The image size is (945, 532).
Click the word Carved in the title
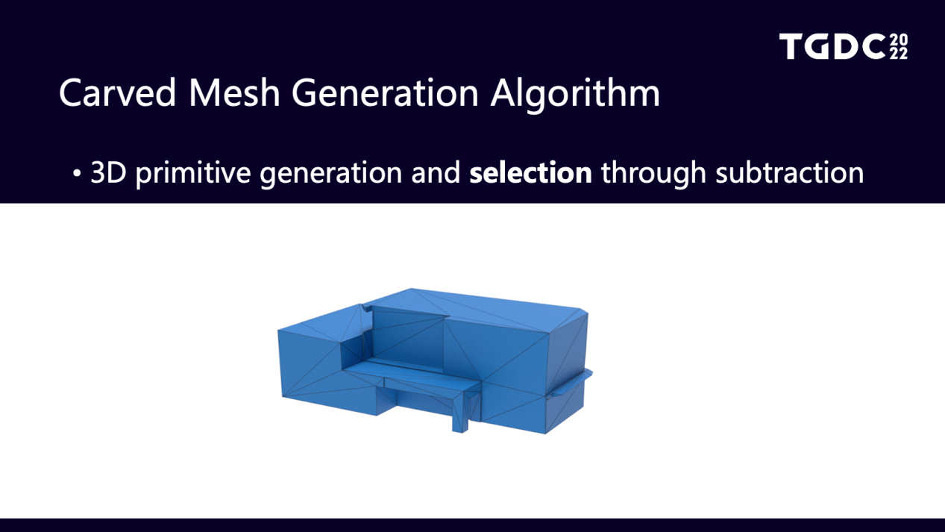click(x=117, y=93)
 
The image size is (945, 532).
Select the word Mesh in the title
click(x=234, y=93)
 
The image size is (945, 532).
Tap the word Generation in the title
click(x=385, y=93)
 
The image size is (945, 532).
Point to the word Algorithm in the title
click(x=575, y=96)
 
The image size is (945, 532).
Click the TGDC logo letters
click(x=832, y=46)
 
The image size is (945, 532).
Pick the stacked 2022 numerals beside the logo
click(x=899, y=47)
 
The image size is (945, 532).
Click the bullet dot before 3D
click(x=76, y=173)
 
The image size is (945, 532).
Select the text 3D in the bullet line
click(x=108, y=173)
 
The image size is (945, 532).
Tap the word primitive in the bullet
click(x=192, y=175)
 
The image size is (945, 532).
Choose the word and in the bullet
click(x=436, y=173)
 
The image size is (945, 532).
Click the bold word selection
click(x=531, y=173)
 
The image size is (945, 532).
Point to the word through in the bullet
click(x=653, y=175)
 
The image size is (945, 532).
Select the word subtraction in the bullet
click(x=790, y=173)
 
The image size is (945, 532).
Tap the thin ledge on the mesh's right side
click(x=571, y=383)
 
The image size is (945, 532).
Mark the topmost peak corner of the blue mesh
click(x=411, y=289)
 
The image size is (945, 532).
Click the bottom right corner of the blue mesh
click(x=545, y=434)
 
